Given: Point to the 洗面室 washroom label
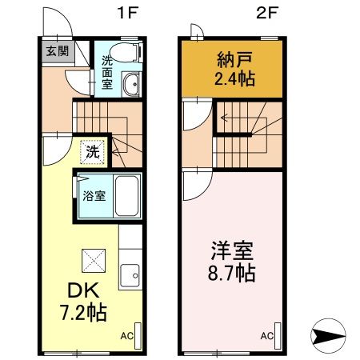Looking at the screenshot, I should click(x=106, y=70).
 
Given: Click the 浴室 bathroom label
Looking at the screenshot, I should click(x=94, y=196).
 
